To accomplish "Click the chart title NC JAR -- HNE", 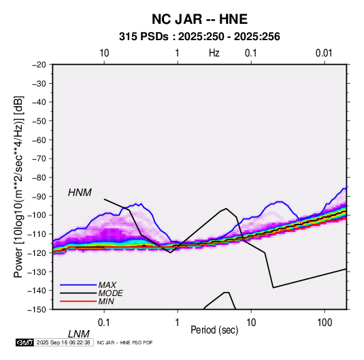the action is click(x=199, y=19).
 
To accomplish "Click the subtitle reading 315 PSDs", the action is click(x=144, y=37).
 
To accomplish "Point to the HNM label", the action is click(x=80, y=193).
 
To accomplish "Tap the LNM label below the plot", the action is click(x=79, y=334).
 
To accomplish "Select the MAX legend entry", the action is click(x=107, y=284).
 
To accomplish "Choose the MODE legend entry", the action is click(x=110, y=293).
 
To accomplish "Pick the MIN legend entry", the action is click(x=106, y=301).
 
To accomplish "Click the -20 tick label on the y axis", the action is click(x=39, y=65).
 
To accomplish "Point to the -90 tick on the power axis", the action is click(x=39, y=196).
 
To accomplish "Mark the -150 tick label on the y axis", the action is click(x=37, y=310).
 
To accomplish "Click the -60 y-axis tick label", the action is click(x=39, y=140).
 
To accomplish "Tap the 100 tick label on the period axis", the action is click(x=325, y=323).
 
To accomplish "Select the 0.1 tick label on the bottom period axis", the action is click(x=104, y=323).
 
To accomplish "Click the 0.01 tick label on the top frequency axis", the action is click(x=324, y=53).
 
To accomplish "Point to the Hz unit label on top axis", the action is click(x=214, y=53).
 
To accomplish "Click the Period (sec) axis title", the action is click(x=214, y=330).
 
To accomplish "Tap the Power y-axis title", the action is click(x=19, y=187).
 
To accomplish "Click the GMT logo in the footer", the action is click(x=24, y=342).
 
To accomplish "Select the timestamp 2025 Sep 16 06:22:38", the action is click(x=63, y=342).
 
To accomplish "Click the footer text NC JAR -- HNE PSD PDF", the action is click(x=125, y=343).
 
